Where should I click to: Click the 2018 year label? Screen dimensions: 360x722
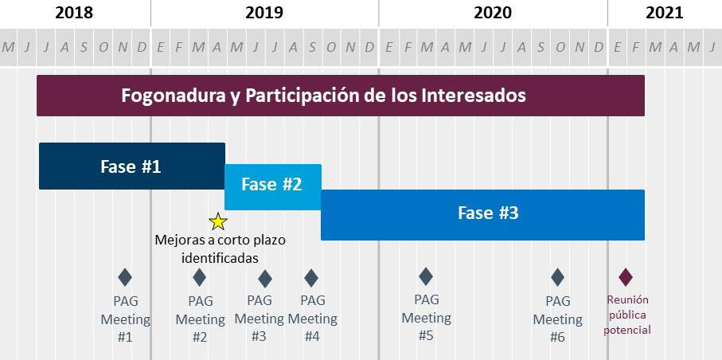point(74,12)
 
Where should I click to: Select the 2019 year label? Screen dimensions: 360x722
point(264,12)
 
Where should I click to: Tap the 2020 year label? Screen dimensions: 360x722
point(493,12)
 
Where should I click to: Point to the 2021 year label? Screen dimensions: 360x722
point(664,12)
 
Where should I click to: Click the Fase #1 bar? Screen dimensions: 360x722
point(131,166)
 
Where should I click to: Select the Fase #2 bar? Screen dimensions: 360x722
point(272,185)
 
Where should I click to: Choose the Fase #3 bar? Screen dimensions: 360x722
point(482,214)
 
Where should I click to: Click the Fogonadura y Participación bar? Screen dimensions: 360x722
point(340,96)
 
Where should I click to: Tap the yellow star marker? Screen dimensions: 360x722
point(218,222)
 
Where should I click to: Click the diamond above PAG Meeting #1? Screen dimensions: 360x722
point(125,277)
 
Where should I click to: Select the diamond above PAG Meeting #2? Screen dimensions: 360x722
point(199,277)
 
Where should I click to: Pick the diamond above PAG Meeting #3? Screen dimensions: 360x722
point(265,278)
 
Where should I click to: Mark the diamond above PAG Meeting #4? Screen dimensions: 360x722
point(311,277)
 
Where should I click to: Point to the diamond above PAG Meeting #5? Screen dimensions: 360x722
point(426,276)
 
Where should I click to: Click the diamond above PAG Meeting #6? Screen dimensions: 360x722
point(557,277)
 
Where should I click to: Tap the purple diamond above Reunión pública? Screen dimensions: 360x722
point(626,276)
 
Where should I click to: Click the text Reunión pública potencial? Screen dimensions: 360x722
point(627,315)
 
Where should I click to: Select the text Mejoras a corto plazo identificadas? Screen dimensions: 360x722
point(221,248)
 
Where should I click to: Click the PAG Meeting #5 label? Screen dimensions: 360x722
point(426,318)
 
